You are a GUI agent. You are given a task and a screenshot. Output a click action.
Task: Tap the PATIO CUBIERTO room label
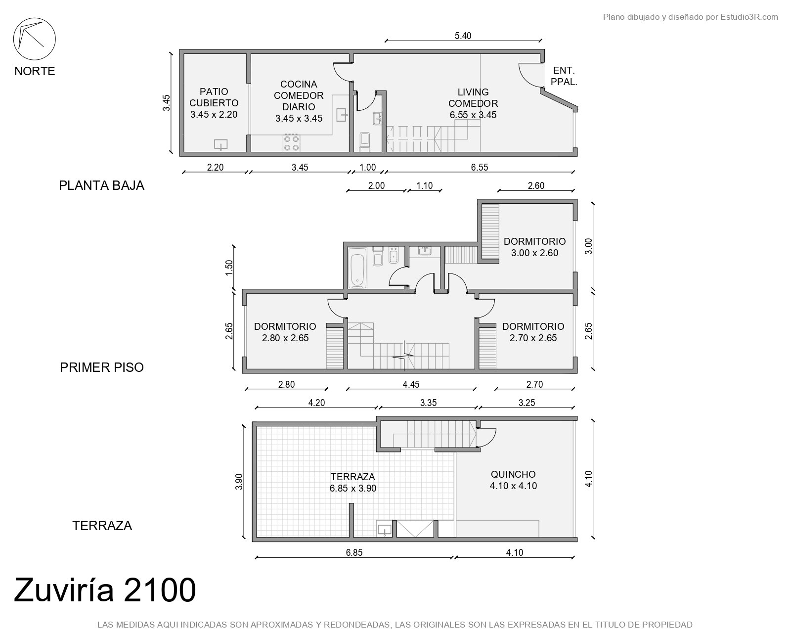click(x=214, y=103)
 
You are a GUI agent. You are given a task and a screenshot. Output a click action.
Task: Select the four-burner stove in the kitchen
click(x=292, y=143)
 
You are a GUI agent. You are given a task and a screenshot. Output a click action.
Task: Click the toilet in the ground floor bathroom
click(x=365, y=142)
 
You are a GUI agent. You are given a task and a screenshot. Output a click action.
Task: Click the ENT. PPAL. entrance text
click(x=564, y=76)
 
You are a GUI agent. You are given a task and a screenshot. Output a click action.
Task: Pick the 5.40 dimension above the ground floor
click(x=463, y=36)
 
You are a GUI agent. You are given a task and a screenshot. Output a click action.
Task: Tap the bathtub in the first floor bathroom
click(x=357, y=267)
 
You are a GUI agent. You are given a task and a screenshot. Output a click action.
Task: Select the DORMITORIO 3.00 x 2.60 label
click(x=534, y=247)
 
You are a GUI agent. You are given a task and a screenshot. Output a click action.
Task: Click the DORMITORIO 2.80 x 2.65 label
click(x=285, y=332)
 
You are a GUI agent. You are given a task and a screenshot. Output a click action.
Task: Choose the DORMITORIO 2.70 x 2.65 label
click(x=533, y=332)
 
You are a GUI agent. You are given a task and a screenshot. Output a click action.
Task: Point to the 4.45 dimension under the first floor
click(x=411, y=384)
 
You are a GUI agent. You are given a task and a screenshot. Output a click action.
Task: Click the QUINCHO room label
click(x=513, y=480)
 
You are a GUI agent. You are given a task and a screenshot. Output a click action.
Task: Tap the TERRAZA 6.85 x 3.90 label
click(x=353, y=482)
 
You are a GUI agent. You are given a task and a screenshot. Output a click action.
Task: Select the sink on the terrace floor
click(x=385, y=530)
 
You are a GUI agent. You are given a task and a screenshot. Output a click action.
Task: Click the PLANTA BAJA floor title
click(x=101, y=185)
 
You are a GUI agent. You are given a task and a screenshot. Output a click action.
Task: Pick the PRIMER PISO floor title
click(x=102, y=367)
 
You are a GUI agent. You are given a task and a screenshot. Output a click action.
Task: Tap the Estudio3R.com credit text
click(x=748, y=17)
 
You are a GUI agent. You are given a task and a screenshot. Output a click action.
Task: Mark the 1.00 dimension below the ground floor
click(x=367, y=167)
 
